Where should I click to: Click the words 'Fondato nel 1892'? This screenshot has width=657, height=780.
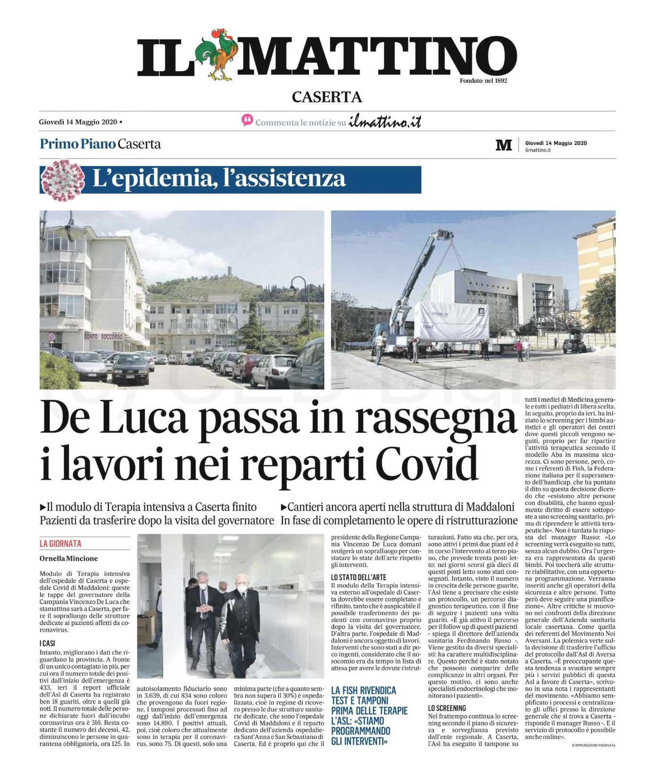tap(483, 80)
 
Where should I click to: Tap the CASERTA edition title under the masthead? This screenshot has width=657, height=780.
tap(327, 97)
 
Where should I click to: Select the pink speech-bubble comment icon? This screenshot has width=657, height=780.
tap(248, 120)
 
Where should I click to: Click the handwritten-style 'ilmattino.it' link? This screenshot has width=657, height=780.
tap(385, 122)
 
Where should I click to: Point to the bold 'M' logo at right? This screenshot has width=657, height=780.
tap(503, 145)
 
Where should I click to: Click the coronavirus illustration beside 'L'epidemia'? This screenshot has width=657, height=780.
tap(61, 179)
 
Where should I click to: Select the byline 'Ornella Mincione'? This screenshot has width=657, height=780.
tap(69, 558)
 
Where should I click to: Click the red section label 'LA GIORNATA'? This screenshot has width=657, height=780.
tap(60, 543)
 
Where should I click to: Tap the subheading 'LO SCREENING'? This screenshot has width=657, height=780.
tap(447, 708)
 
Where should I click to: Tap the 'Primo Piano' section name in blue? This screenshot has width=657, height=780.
tap(77, 144)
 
